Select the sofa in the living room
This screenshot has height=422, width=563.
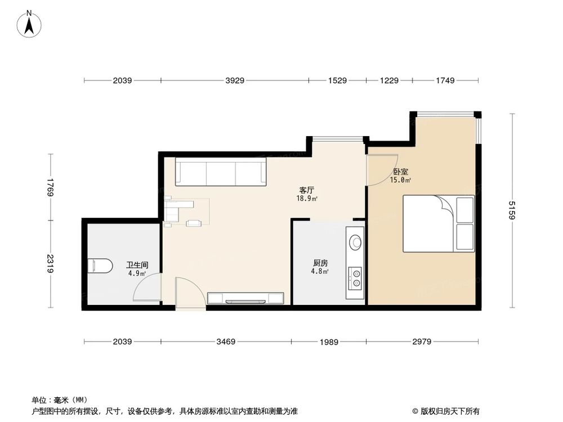click(221, 172)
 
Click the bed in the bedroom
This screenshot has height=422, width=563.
click(439, 223)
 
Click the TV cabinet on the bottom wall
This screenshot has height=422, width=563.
click(245, 298)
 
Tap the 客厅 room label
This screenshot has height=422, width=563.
click(307, 190)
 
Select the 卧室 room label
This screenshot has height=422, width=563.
click(401, 172)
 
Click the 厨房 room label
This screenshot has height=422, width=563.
click(321, 262)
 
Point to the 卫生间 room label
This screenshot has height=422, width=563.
click(137, 264)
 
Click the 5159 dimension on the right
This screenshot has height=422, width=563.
click(512, 210)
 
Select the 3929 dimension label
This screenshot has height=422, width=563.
click(235, 81)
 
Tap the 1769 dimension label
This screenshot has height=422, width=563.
click(51, 187)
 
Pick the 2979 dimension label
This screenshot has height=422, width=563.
click(422, 342)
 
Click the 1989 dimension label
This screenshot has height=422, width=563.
click(329, 342)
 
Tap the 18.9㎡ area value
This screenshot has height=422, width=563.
click(307, 199)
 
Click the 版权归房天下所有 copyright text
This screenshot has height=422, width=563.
click(449, 411)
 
